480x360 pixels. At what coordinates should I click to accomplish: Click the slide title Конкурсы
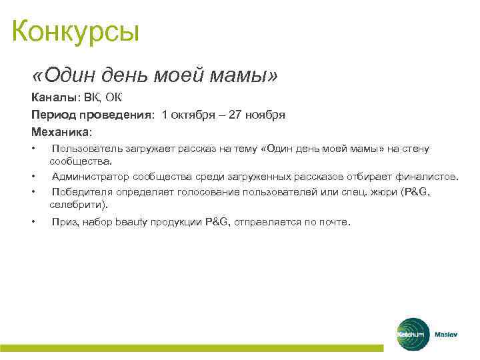[75, 31]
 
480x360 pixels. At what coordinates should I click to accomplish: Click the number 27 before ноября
[235, 115]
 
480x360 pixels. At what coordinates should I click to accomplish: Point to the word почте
[333, 222]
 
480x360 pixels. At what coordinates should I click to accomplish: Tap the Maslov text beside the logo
[446, 334]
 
